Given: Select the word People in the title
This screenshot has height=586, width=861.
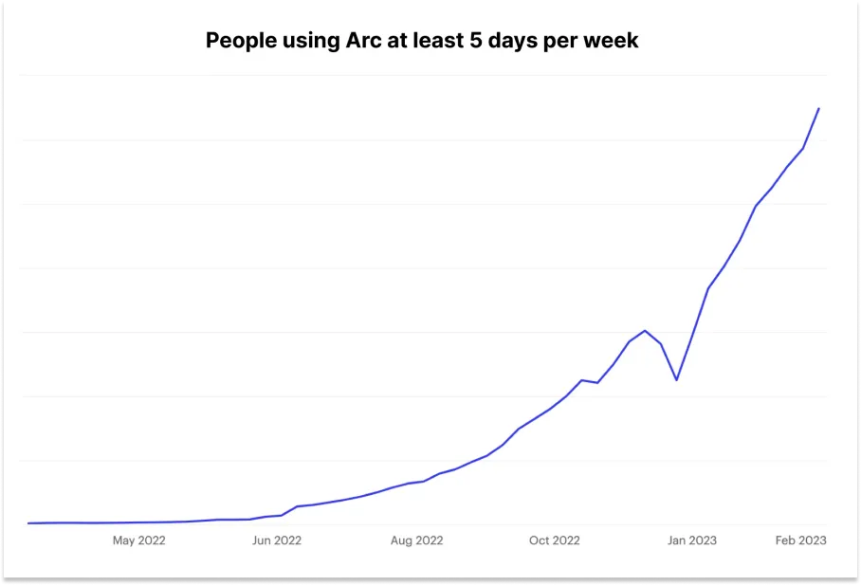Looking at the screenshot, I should (238, 41).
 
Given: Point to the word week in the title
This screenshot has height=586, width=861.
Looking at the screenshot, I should (614, 41).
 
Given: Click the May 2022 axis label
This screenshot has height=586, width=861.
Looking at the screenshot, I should (139, 540).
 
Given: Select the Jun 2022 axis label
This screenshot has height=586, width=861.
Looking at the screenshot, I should (276, 540).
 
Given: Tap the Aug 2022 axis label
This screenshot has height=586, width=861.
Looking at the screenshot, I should (416, 540).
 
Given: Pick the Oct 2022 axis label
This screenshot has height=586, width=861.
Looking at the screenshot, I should (554, 540).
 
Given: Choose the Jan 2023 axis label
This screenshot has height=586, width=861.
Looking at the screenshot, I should (692, 540).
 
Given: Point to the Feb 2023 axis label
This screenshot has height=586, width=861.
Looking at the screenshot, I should (800, 540).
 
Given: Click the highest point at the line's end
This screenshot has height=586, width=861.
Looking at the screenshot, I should (819, 109).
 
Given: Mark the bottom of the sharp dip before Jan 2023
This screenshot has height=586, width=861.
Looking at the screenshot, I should (676, 380).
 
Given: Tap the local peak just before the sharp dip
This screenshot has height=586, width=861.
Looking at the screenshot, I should (645, 330).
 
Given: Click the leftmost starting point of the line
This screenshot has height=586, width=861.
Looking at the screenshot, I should (28, 522).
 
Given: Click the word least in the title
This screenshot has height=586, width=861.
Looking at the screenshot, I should (449, 41).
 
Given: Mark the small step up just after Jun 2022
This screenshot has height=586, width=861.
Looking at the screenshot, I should (297, 506).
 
